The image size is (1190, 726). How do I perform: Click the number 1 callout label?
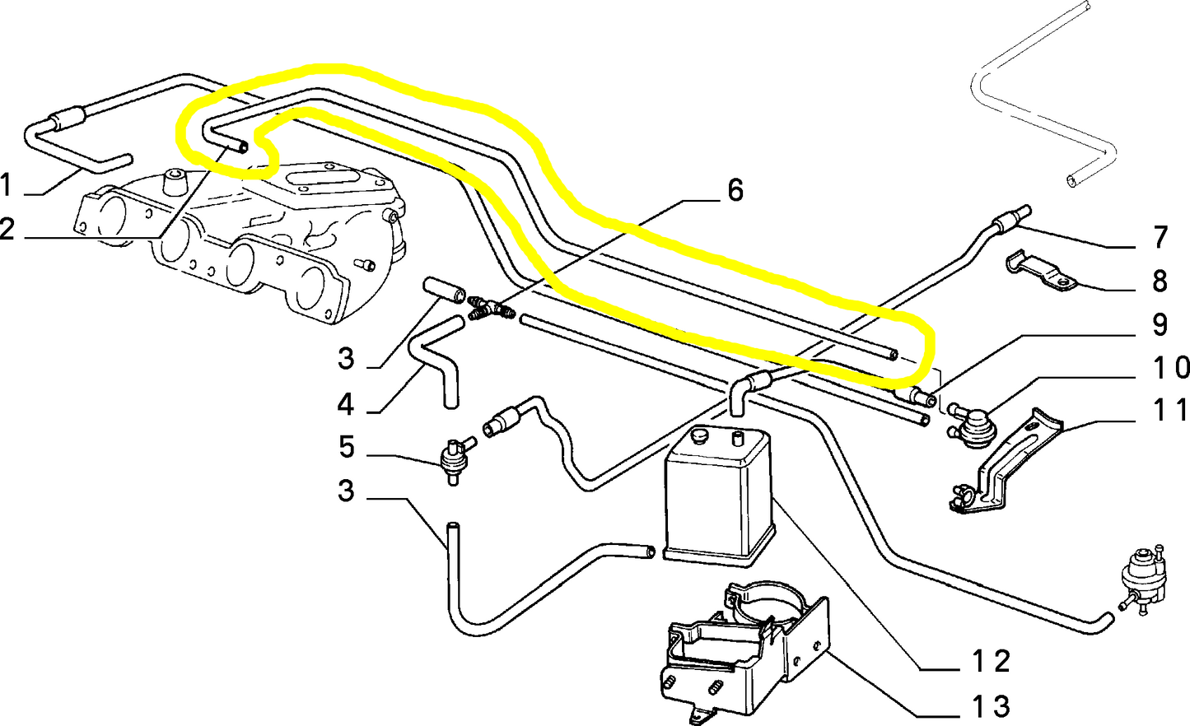pyautogui.click(x=7, y=185)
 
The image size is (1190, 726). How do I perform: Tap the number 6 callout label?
pyautogui.click(x=735, y=191)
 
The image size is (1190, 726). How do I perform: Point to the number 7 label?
pyautogui.click(x=1160, y=238)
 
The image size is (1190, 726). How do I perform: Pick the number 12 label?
pyautogui.click(x=989, y=660)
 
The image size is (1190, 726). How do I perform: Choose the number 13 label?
pyautogui.click(x=989, y=705)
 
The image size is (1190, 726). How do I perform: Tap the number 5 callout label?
pyautogui.click(x=347, y=448)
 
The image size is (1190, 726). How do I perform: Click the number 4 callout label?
pyautogui.click(x=346, y=404)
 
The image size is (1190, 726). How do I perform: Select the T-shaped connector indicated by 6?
pyautogui.click(x=492, y=309)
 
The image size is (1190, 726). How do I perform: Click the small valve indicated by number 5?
pyautogui.click(x=454, y=458)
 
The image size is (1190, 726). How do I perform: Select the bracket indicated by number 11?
pyautogui.click(x=1005, y=465)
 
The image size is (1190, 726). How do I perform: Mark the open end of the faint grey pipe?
pyautogui.click(x=1071, y=179)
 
